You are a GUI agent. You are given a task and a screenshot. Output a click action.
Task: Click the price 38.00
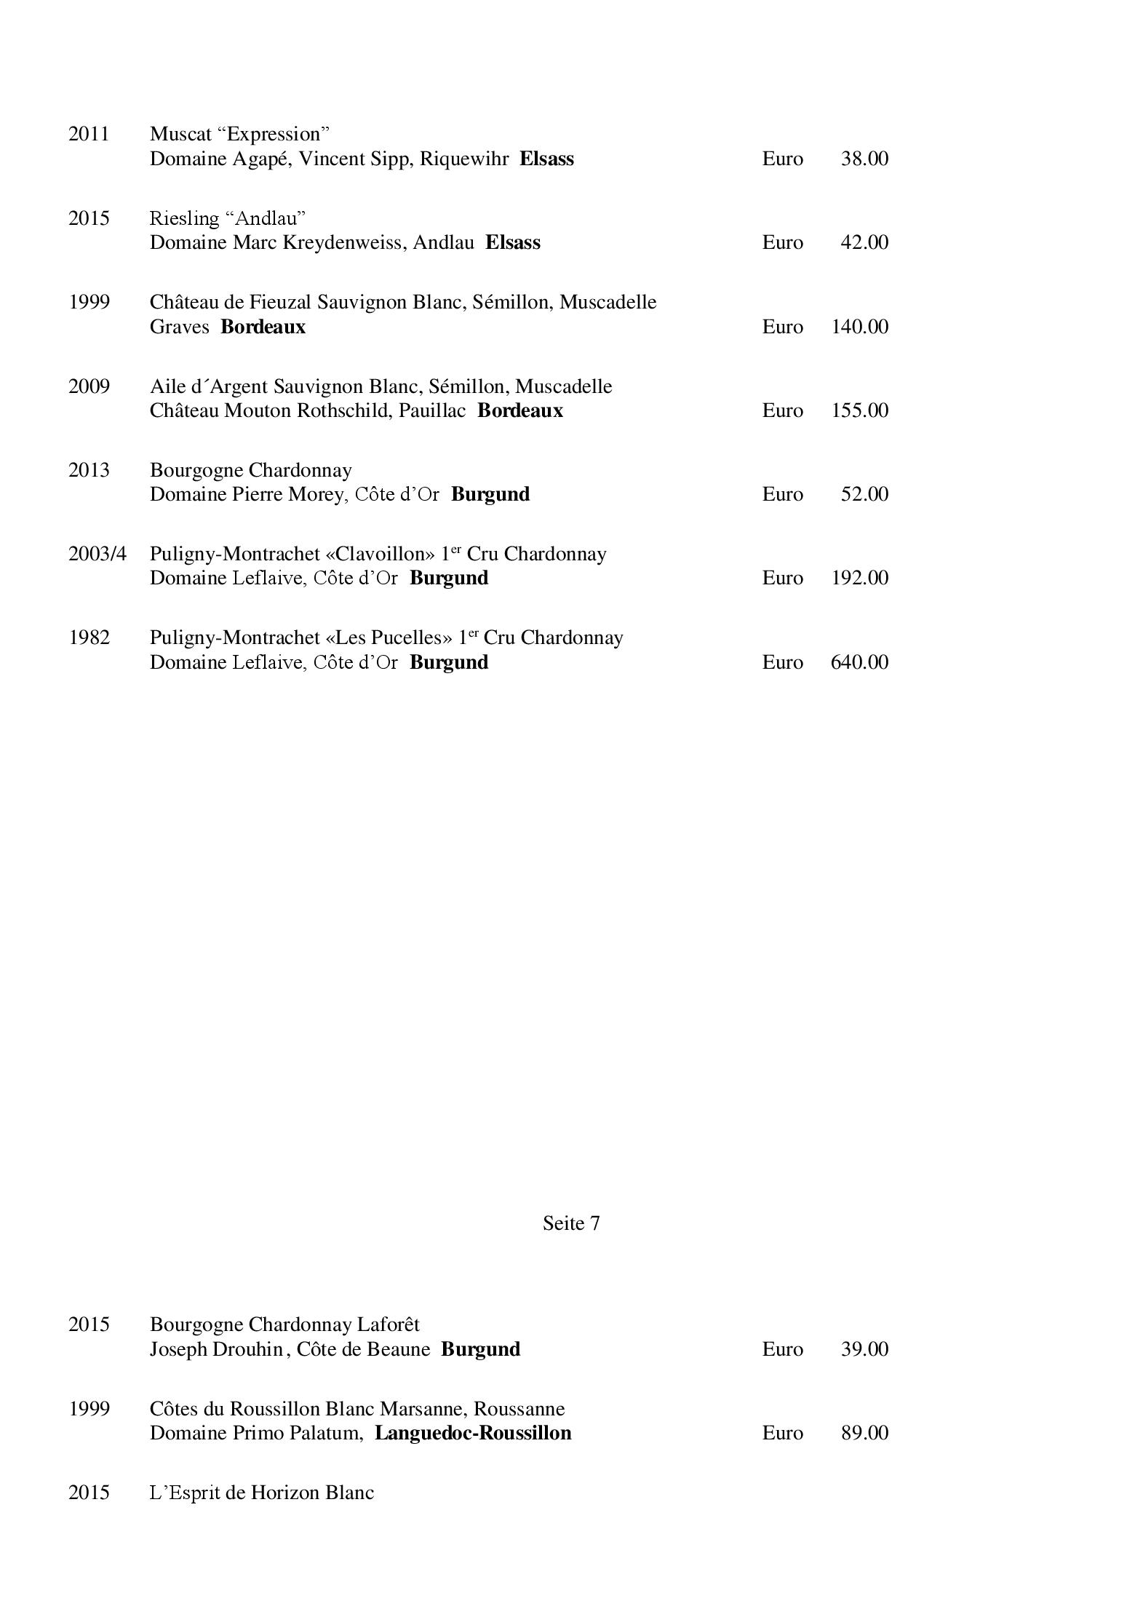point(864,159)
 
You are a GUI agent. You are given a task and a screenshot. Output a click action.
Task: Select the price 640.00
point(859,662)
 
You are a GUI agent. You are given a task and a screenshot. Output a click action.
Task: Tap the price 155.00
point(859,410)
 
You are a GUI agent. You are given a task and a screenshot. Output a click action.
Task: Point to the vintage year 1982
point(89,637)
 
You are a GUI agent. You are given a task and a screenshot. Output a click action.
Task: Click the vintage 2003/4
point(97,554)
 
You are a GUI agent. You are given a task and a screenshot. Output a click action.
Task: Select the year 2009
point(89,386)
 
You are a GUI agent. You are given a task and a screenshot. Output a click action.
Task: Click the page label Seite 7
point(571,1223)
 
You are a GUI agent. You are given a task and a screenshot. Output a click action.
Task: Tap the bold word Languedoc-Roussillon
point(473,1433)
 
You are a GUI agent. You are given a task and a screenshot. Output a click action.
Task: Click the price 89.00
point(864,1433)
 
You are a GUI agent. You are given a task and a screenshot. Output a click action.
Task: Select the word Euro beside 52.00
point(782,494)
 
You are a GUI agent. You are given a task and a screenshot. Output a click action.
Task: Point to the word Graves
point(179,327)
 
